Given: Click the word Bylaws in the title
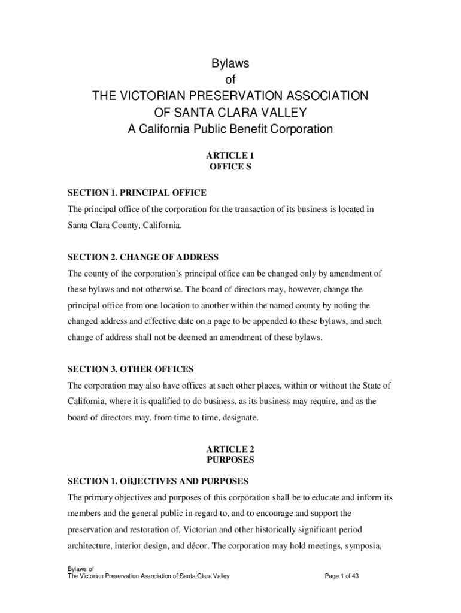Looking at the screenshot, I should tap(230, 63).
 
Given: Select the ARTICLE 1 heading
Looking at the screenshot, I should tap(230, 155).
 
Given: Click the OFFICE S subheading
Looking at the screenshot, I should tap(230, 167).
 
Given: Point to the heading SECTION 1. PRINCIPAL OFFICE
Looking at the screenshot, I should tap(137, 193).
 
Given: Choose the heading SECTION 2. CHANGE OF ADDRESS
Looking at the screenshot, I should tap(143, 257).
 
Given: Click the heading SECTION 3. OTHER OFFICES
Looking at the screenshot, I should tap(131, 369).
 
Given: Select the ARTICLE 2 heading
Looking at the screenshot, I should tap(230, 449).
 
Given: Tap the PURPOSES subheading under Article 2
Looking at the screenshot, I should tap(230, 460).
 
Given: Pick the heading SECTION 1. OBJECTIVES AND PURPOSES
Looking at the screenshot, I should tap(158, 481).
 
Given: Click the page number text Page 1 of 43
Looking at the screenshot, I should tap(341, 576).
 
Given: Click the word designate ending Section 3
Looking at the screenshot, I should tap(239, 417).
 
